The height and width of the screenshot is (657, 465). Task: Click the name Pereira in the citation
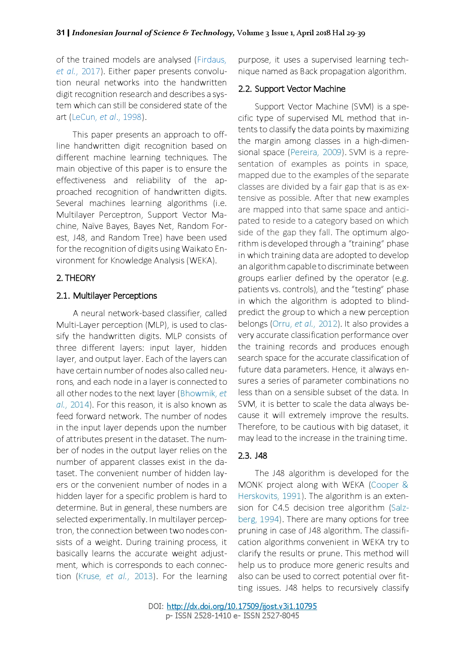pyautogui.click(x=304, y=152)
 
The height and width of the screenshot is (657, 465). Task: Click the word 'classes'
pyautogui.click(x=251, y=187)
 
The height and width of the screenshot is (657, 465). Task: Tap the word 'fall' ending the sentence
pyautogui.click(x=324, y=232)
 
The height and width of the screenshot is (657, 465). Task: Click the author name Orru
pyautogui.click(x=281, y=324)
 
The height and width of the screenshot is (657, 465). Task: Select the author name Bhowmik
pyautogui.click(x=198, y=393)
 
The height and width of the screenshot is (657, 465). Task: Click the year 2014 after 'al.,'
pyautogui.click(x=80, y=405)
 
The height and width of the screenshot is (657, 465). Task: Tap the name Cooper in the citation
pyautogui.click(x=385, y=485)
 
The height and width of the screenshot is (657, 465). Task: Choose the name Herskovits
pyautogui.click(x=259, y=496)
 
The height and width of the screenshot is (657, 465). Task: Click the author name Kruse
pyautogui.click(x=89, y=576)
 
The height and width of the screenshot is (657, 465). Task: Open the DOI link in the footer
pyautogui.click(x=242, y=606)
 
